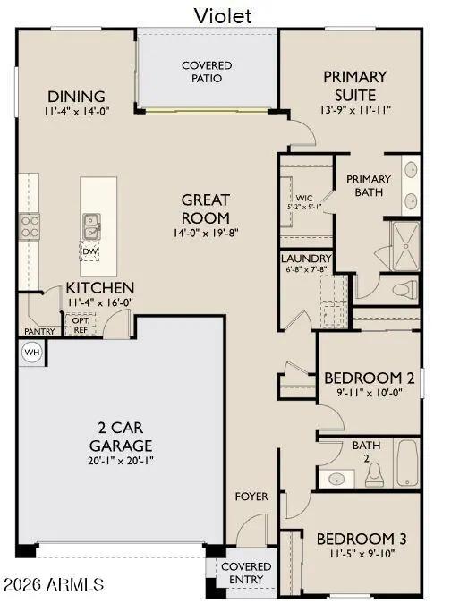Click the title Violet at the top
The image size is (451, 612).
(x=223, y=15)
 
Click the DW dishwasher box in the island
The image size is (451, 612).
(x=89, y=251)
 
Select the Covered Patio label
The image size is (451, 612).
(x=207, y=72)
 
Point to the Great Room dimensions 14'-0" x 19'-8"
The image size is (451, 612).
(x=206, y=233)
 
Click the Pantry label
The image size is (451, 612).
(x=39, y=332)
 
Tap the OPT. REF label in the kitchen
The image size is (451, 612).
(x=81, y=325)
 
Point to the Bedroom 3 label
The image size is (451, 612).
(x=362, y=539)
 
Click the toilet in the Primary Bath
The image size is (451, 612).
(x=404, y=288)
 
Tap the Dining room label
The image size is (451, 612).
(x=76, y=97)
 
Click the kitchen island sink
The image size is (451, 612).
(x=89, y=225)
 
